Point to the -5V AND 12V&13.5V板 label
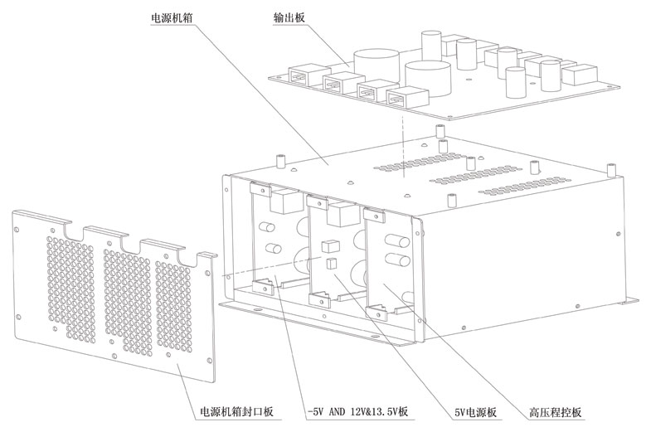point(357,412)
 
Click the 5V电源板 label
point(476,412)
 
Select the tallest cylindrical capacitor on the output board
point(430,47)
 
